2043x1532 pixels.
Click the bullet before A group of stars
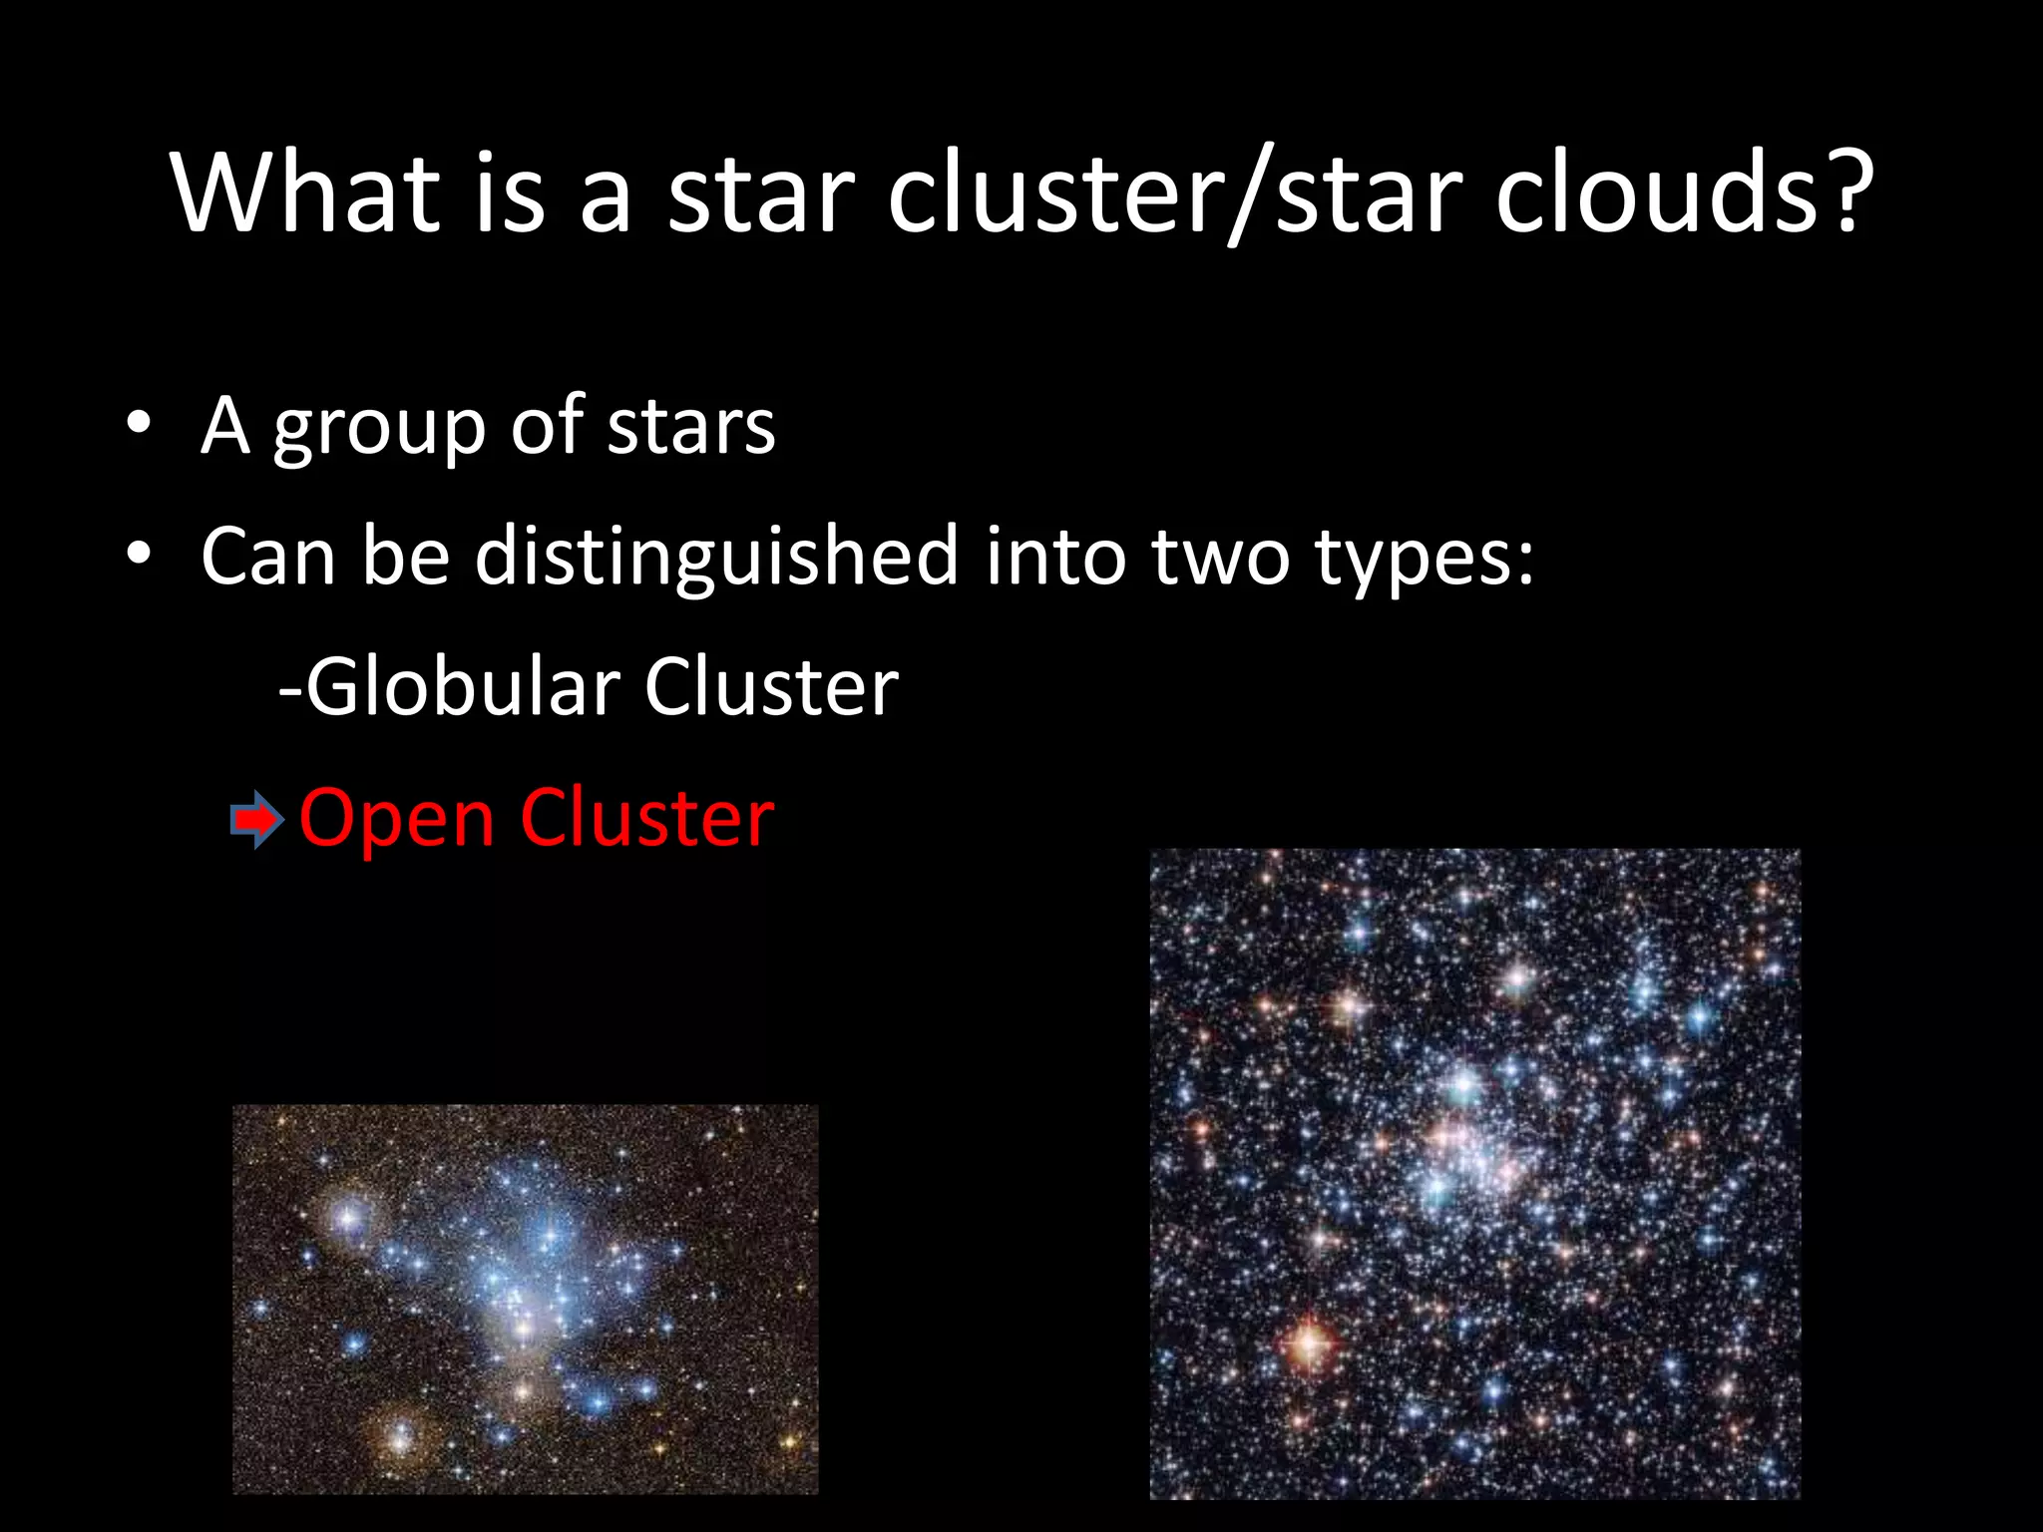tap(139, 423)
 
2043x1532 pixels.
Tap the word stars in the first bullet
tap(691, 426)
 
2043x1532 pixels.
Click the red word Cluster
tap(646, 818)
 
